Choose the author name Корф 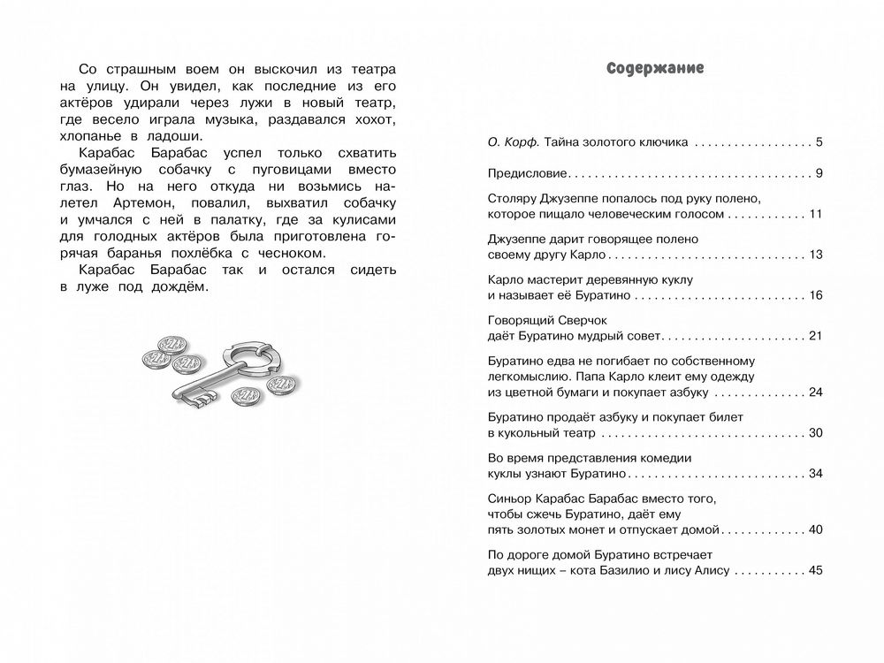click(x=523, y=142)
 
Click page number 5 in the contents click(x=819, y=142)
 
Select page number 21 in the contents click(x=815, y=337)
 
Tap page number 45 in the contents click(x=815, y=570)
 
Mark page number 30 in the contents click(x=815, y=432)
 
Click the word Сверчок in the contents click(x=575, y=319)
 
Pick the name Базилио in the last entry click(x=636, y=570)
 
